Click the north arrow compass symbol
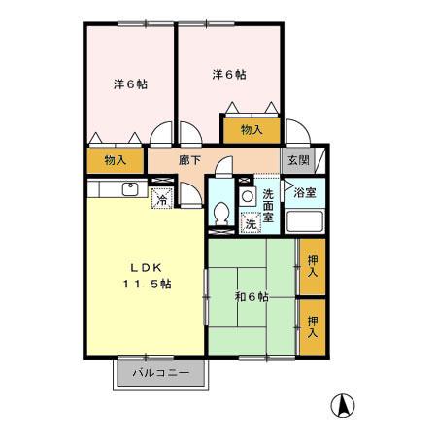pos(343,405)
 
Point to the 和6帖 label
pos(252,295)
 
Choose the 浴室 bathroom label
pos(305,192)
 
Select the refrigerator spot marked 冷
pos(162,200)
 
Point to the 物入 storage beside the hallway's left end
pos(116,159)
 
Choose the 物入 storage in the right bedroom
pos(251,128)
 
